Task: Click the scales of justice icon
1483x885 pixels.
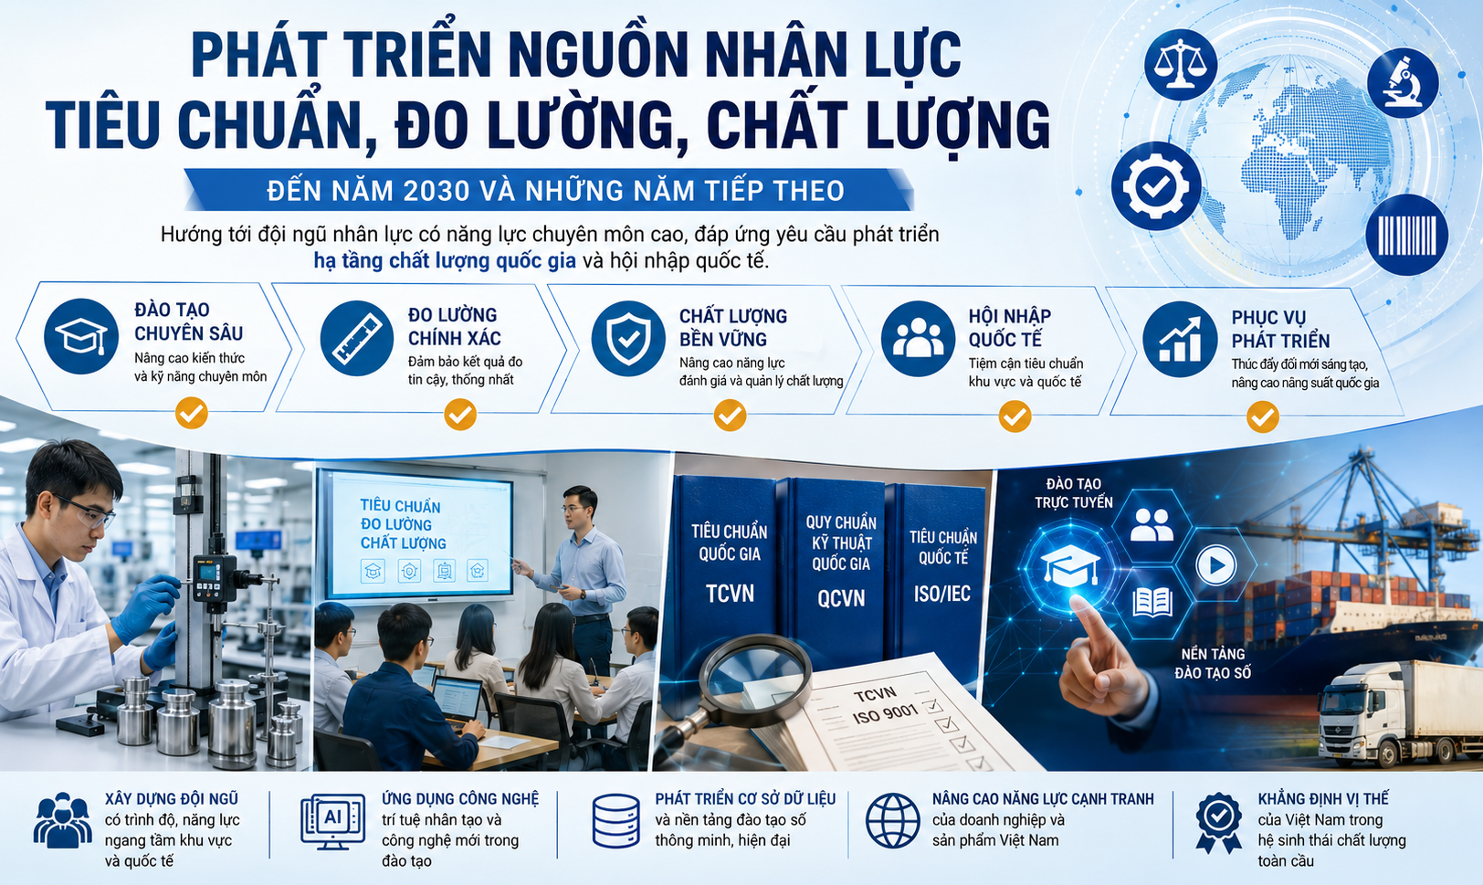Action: pyautogui.click(x=1181, y=65)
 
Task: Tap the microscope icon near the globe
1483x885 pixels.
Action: pyautogui.click(x=1403, y=83)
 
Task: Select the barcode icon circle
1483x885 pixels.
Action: pyautogui.click(x=1406, y=235)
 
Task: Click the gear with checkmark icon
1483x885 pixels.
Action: pyautogui.click(x=1156, y=186)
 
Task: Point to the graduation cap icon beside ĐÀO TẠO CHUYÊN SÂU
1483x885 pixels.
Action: pyautogui.click(x=80, y=336)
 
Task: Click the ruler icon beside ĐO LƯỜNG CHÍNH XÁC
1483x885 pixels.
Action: pyautogui.click(x=357, y=338)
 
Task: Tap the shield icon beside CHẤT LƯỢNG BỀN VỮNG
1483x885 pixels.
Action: pyautogui.click(x=628, y=339)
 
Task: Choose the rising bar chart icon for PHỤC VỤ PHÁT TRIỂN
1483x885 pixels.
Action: pyautogui.click(x=1180, y=340)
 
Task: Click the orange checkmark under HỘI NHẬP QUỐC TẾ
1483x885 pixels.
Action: pyautogui.click(x=1015, y=416)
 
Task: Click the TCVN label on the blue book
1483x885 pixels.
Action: pyautogui.click(x=730, y=594)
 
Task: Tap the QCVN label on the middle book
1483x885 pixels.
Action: pyautogui.click(x=841, y=598)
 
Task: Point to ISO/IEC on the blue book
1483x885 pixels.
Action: pyautogui.click(x=942, y=594)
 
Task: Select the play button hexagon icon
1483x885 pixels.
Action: pyautogui.click(x=1215, y=564)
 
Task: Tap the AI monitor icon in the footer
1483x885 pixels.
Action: pyautogui.click(x=332, y=822)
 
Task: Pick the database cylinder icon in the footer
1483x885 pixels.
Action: pyautogui.click(x=615, y=821)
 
